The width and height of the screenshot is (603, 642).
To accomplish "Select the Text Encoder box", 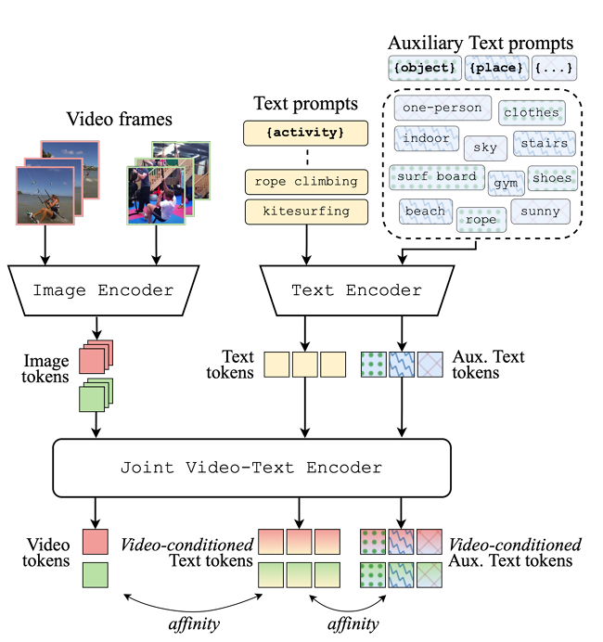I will click(x=356, y=290).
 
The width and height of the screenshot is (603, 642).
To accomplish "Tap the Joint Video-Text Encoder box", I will click(x=251, y=467).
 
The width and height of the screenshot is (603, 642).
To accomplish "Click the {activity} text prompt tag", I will click(x=306, y=133).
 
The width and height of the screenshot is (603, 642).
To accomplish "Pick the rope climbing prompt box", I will click(x=306, y=182).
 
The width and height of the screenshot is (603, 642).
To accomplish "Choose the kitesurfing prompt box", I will click(x=306, y=212).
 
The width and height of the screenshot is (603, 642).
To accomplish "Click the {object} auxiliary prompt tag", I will click(x=423, y=68).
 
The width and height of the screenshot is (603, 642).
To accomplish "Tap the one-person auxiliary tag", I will click(x=443, y=108).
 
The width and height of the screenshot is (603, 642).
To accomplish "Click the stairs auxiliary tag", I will click(x=543, y=144).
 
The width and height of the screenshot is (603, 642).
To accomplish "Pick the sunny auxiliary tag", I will click(x=540, y=211).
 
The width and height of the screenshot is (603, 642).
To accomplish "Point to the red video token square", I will click(x=96, y=542).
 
